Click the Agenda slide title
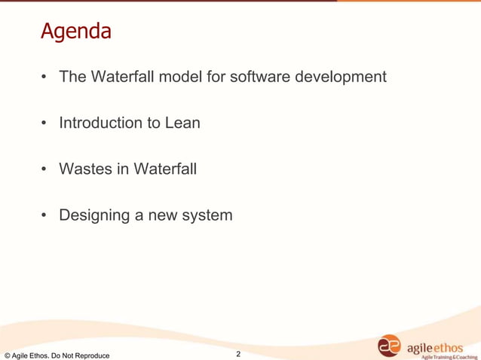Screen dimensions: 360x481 coord(75,32)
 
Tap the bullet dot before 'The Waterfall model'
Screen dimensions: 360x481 coord(44,78)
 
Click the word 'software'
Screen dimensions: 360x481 coord(244,77)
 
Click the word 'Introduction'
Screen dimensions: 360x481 coord(102,123)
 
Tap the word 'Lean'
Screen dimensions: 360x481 coord(182,123)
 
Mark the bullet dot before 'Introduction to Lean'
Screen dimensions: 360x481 coord(44,124)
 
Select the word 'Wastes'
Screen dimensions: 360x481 coord(85,169)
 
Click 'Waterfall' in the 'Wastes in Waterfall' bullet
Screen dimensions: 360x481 coord(164,169)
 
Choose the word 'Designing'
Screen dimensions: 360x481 coord(94,216)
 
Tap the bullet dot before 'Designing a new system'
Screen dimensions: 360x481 coord(44,216)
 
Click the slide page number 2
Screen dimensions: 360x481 coord(238,354)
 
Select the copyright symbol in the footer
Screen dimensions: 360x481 coord(7,355)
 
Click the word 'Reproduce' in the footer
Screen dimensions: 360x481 coord(90,355)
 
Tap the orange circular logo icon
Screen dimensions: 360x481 coord(390,346)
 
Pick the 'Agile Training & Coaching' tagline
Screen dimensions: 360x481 coord(449,356)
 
